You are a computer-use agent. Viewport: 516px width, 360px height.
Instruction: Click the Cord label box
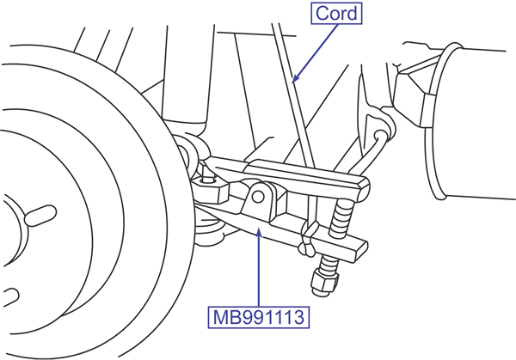pyautogui.click(x=336, y=14)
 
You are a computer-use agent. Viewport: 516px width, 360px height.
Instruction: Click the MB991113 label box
pyautogui.click(x=258, y=317)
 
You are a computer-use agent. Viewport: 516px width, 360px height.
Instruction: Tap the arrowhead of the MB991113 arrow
pyautogui.click(x=259, y=232)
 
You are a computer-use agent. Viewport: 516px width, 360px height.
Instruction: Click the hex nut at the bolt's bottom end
pyautogui.click(x=324, y=282)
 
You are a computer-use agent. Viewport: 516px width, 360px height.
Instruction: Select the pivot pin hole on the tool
pyautogui.click(x=258, y=197)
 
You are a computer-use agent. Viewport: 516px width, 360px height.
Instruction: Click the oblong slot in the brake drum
pyautogui.click(x=40, y=216)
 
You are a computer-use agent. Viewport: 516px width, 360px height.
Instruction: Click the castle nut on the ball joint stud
pyautogui.click(x=210, y=189)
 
